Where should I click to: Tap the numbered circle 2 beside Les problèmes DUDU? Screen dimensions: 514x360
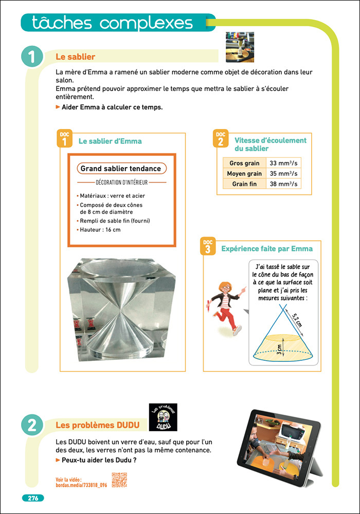(x=32, y=425)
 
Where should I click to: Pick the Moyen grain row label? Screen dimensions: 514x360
(x=244, y=174)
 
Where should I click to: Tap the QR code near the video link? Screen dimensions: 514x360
(x=119, y=479)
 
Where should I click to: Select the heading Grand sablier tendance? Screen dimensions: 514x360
(x=121, y=169)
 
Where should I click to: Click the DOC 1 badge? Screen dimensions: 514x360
(x=64, y=139)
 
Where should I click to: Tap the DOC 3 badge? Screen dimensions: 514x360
(x=207, y=247)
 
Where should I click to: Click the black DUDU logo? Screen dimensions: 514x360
(x=163, y=417)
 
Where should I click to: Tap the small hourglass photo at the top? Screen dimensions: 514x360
(x=240, y=47)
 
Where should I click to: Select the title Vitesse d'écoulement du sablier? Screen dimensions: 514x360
(x=270, y=144)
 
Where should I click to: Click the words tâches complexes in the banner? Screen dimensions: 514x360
(x=112, y=23)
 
